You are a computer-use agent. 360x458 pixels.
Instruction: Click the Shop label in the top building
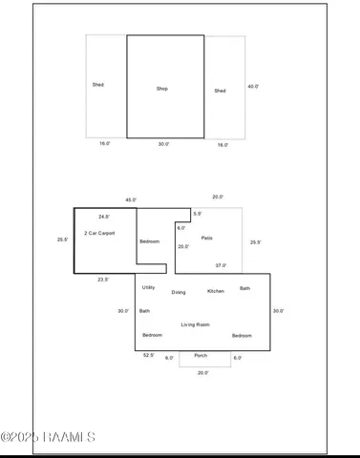coord(162,89)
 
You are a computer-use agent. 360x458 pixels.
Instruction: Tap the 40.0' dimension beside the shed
coord(251,86)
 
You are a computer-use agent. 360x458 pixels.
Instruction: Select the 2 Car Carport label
coord(98,233)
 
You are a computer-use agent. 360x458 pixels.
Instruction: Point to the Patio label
coord(206,238)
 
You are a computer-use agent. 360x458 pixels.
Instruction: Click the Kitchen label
coord(216,291)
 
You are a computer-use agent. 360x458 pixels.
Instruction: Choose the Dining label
coord(179,292)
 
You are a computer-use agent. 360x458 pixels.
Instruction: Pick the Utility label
coord(148,287)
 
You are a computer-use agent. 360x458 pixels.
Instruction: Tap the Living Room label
coord(195,324)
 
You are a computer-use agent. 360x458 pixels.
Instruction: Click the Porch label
coord(201,355)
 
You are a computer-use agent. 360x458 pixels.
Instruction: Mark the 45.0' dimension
coord(131,199)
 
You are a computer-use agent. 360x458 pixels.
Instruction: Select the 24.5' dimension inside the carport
coord(102,217)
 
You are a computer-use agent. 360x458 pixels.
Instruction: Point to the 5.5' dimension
coord(197,214)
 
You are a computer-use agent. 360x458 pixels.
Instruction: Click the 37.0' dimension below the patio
coord(221,265)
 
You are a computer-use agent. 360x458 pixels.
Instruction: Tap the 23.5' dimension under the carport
coord(102,280)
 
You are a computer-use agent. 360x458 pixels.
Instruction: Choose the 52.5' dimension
coord(148,355)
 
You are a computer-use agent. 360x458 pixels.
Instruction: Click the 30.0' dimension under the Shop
coord(164,144)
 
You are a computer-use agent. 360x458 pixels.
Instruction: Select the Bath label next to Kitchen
coord(244,288)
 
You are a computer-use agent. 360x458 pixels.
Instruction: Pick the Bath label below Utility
coord(144,310)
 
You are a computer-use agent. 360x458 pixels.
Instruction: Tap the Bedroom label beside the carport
coord(150,241)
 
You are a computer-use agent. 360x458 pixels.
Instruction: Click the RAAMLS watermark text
coord(48,438)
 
